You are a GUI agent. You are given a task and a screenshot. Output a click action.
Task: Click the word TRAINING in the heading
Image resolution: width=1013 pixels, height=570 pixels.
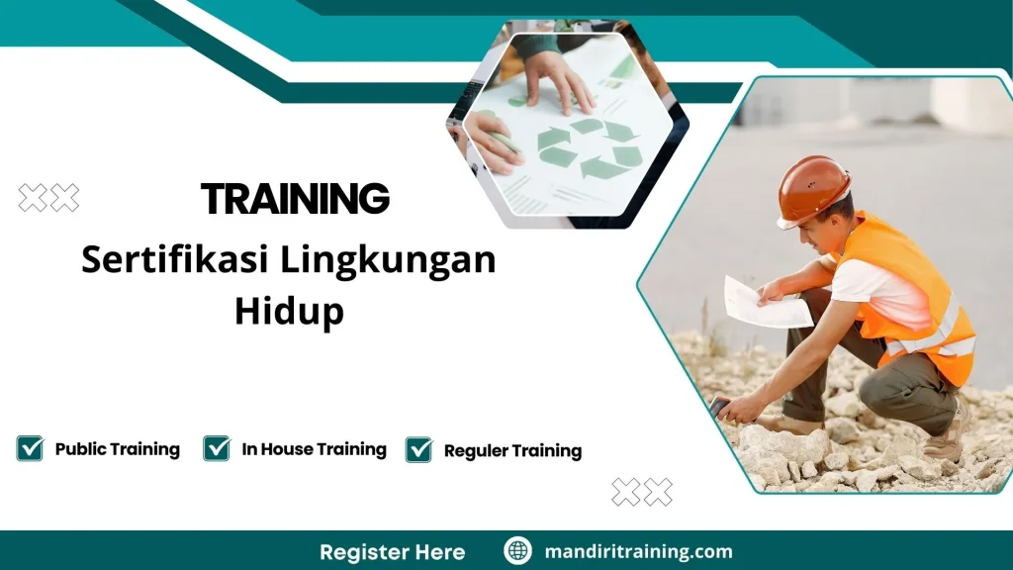(295, 199)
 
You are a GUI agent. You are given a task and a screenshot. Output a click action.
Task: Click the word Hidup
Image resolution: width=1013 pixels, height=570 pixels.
(289, 311)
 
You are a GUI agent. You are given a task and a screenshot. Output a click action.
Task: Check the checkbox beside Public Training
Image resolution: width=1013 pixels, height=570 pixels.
(30, 448)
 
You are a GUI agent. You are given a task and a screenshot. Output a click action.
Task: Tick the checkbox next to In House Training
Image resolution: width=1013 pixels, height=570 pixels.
(217, 448)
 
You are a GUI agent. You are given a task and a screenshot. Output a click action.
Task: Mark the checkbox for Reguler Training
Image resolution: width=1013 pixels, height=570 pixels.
(418, 450)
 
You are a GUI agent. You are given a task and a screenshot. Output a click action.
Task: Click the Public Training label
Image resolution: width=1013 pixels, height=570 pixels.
(117, 449)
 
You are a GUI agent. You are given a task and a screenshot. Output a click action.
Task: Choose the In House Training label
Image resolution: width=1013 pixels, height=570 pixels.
(314, 449)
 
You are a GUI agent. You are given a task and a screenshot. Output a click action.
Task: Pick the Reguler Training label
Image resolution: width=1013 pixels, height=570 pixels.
(512, 451)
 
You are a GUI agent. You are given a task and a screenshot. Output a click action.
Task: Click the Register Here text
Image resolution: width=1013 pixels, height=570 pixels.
(392, 551)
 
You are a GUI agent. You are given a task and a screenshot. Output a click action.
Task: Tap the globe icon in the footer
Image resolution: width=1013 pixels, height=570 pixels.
(517, 551)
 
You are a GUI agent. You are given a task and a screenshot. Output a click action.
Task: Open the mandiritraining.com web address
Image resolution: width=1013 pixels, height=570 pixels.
(638, 551)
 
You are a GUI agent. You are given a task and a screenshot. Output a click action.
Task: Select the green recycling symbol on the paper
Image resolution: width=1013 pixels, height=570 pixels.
(589, 146)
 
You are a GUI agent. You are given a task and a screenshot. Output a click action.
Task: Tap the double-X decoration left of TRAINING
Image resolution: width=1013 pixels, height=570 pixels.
(48, 198)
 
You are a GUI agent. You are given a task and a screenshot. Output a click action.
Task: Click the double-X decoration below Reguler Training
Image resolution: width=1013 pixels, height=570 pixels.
(642, 491)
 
